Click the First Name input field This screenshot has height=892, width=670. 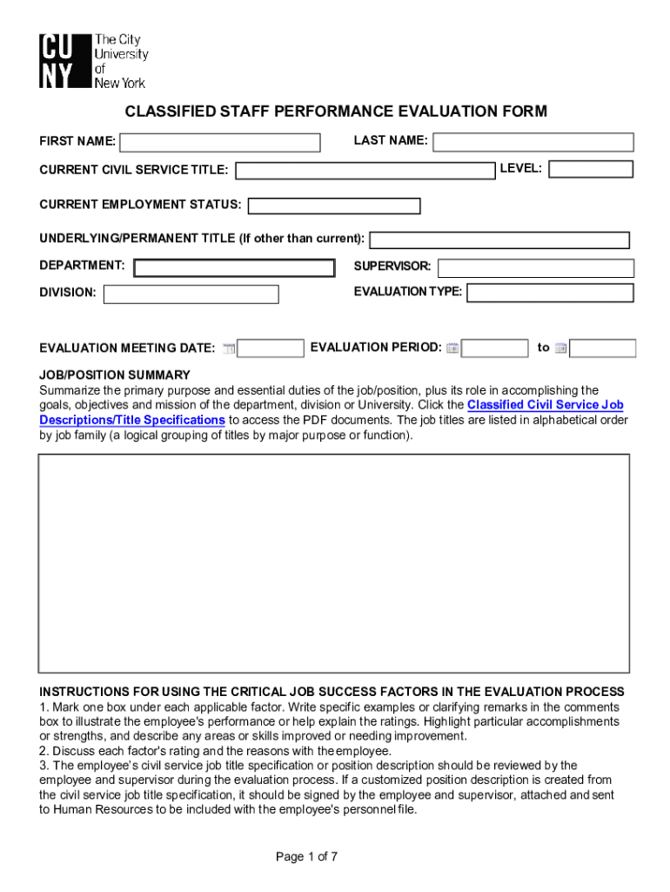220,142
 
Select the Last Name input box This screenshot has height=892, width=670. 533,142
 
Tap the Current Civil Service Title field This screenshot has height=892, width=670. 365,170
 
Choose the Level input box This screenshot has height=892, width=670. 591,169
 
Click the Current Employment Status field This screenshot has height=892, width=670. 334,206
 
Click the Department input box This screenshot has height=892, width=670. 233,267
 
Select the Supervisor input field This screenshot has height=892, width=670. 535,267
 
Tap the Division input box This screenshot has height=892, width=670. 191,294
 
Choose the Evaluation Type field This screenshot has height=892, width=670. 550,294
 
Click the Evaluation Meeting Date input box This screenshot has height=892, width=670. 271,348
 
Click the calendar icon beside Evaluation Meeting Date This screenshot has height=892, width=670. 229,348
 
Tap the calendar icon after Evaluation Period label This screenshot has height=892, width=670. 452,348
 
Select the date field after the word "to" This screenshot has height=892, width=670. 603,348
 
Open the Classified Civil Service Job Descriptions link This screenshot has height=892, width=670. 545,405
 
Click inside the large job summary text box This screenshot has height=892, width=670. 333,563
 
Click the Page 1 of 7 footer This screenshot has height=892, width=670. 306,856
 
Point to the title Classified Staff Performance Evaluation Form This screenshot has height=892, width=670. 336,111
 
